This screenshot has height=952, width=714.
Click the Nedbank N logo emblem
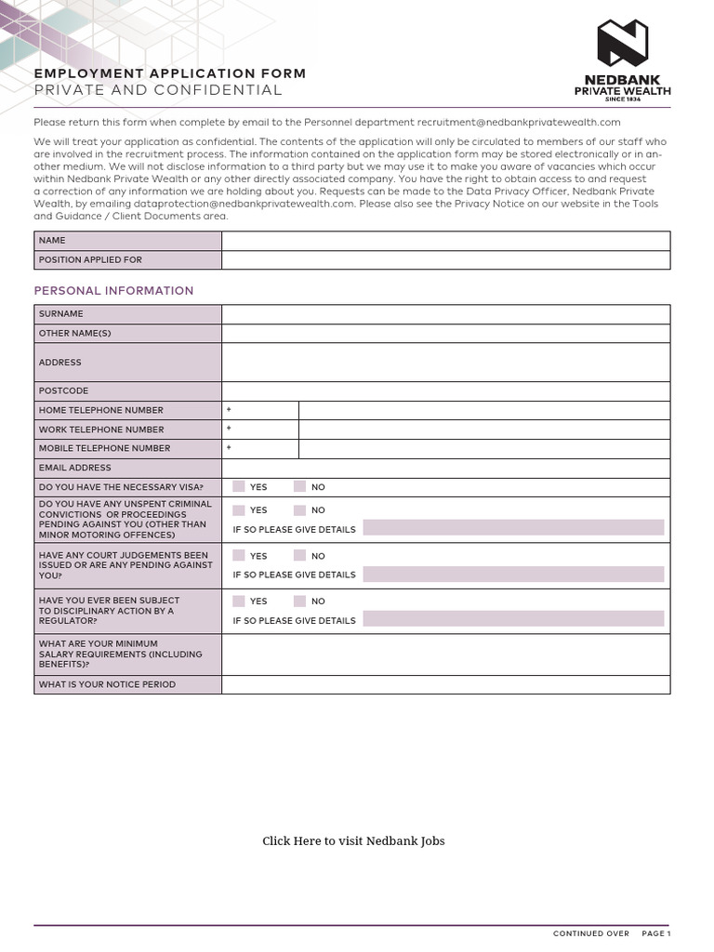(x=622, y=44)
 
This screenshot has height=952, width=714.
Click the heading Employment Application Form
(x=169, y=73)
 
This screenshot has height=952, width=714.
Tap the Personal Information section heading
(x=113, y=291)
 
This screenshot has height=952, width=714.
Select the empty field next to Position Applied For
(x=445, y=260)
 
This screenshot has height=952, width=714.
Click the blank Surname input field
(x=445, y=314)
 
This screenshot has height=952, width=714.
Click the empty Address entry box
(x=445, y=363)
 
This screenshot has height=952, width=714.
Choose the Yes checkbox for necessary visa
(x=239, y=486)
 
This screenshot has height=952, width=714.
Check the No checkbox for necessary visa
(x=299, y=486)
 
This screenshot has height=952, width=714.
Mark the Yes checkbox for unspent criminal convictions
(x=239, y=509)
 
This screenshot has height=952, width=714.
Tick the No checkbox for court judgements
(x=299, y=555)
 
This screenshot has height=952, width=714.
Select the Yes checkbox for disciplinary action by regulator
(x=239, y=601)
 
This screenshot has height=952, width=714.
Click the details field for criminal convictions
(x=513, y=528)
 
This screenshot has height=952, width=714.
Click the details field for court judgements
(x=513, y=574)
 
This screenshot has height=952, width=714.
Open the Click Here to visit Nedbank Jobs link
(x=353, y=841)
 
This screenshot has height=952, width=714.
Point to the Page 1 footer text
(x=655, y=933)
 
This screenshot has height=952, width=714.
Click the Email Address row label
(x=74, y=468)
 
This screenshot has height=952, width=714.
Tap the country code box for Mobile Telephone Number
(x=260, y=448)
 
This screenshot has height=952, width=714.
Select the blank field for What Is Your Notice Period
(x=445, y=684)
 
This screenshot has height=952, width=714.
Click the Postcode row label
(x=63, y=390)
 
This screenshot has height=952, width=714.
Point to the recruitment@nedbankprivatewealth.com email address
(x=518, y=122)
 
